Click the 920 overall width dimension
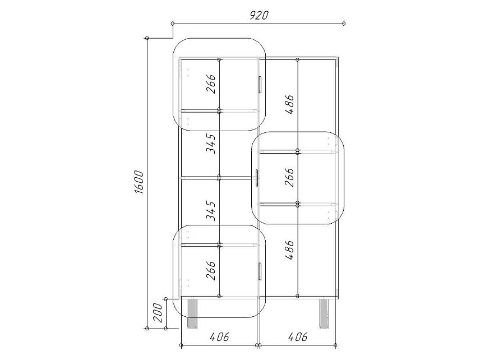click(x=259, y=15)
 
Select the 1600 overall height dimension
click(x=139, y=182)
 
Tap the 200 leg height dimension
click(x=158, y=312)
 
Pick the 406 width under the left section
click(x=219, y=337)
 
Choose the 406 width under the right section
click(x=298, y=337)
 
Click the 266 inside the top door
click(x=211, y=84)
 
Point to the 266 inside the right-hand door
click(x=289, y=177)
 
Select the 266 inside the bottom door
click(x=211, y=270)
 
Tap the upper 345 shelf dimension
click(x=211, y=143)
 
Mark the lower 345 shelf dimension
click(x=211, y=211)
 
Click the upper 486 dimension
click(x=289, y=104)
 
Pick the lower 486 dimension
click(x=289, y=250)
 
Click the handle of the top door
click(x=260, y=84)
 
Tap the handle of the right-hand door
click(x=256, y=178)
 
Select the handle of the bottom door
click(x=260, y=271)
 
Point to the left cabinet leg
click(x=192, y=313)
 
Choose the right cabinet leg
click(x=325, y=313)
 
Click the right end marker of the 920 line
click(x=344, y=23)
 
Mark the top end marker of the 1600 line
click(x=147, y=38)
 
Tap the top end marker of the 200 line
click(x=165, y=299)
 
